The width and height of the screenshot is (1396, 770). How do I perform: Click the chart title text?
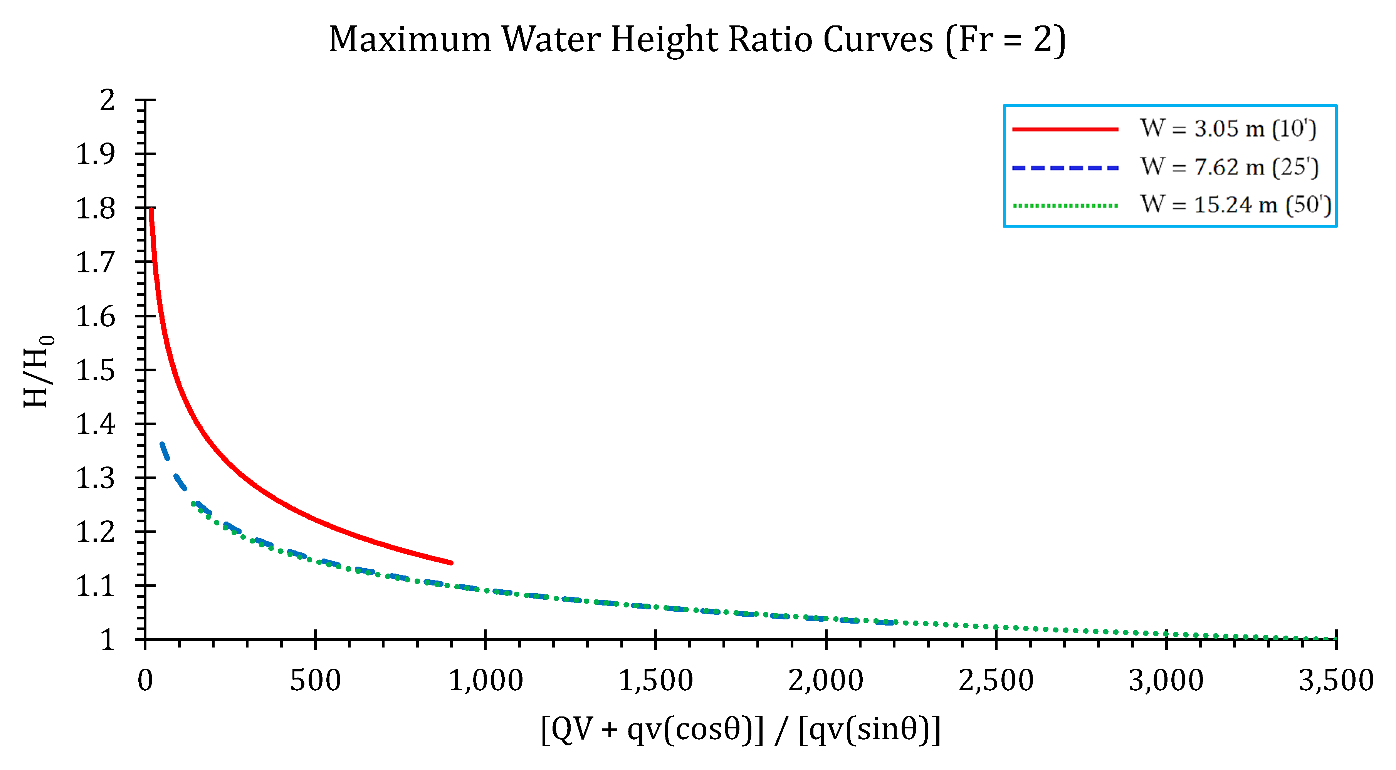pos(697,40)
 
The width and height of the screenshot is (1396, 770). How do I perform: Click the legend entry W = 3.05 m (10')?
pos(1228,129)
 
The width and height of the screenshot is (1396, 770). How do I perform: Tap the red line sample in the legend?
pos(1065,129)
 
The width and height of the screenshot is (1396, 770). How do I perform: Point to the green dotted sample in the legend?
pos(1065,205)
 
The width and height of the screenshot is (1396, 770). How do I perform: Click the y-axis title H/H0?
pos(38,372)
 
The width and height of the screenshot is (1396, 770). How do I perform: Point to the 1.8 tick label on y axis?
pos(96,209)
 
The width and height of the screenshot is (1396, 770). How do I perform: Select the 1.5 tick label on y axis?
pos(96,371)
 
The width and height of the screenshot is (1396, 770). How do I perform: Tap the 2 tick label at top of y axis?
pos(107,100)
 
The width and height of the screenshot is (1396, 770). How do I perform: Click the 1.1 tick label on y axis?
pos(96,586)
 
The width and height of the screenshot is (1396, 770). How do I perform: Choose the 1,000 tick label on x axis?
pos(485,681)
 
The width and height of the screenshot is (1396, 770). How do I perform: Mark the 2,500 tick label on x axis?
pos(996,681)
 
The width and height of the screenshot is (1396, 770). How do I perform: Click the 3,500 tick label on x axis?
pos(1336,681)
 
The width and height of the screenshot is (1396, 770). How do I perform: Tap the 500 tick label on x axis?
pos(316,681)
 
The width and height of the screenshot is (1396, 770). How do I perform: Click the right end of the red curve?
pos(451,562)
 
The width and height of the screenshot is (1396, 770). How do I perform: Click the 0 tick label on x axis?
pos(145,681)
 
